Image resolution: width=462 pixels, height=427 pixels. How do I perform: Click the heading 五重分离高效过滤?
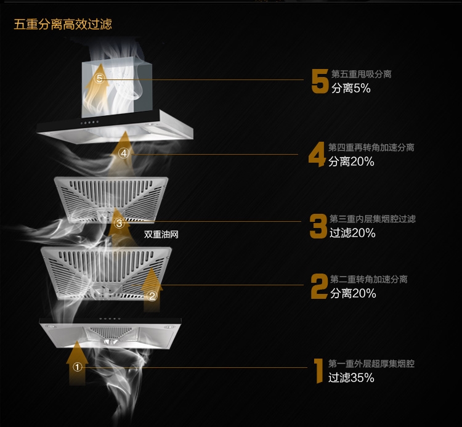(x=63, y=24)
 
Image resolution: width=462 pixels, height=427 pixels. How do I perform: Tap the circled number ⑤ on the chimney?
(x=100, y=78)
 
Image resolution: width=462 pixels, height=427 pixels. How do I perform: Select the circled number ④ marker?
(x=124, y=153)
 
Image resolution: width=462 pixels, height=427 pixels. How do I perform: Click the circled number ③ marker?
(x=119, y=223)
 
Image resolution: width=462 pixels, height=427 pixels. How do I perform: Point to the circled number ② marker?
(x=152, y=296)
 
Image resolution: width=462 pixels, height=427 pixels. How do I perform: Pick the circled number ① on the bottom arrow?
(x=77, y=367)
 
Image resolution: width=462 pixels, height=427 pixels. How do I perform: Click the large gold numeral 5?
(x=320, y=81)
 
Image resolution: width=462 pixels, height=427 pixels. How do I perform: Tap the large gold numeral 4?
(x=317, y=155)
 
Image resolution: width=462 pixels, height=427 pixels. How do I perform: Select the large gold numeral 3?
(x=318, y=226)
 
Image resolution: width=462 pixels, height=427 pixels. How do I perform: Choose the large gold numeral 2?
(x=319, y=287)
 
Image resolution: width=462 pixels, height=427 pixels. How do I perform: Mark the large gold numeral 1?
(x=318, y=371)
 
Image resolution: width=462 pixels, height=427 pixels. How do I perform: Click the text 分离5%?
(x=351, y=88)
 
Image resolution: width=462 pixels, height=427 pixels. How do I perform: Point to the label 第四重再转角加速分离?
(x=371, y=147)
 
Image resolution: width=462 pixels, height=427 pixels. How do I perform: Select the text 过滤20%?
(x=352, y=233)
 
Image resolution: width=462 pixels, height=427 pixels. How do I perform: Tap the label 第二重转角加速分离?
(x=368, y=279)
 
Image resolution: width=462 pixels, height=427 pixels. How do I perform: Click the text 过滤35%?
(x=351, y=378)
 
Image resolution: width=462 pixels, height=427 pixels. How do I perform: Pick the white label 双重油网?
(x=161, y=234)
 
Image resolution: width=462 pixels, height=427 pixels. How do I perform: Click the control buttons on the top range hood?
(x=89, y=122)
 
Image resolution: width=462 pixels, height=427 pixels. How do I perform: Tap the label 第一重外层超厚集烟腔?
(x=371, y=364)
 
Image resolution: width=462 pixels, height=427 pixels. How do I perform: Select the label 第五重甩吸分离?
(x=361, y=74)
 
